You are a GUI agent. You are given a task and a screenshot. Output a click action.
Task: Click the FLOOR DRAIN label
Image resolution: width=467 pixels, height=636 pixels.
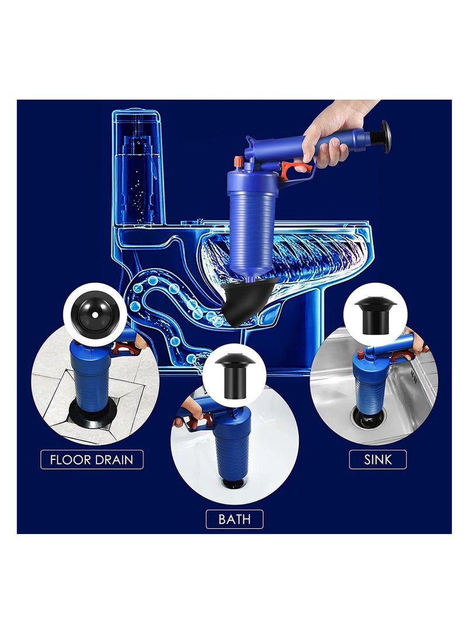(92, 459)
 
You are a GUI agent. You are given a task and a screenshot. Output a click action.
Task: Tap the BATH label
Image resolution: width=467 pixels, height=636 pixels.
(234, 519)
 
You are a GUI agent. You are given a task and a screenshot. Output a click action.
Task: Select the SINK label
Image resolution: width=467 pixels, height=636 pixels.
(378, 459)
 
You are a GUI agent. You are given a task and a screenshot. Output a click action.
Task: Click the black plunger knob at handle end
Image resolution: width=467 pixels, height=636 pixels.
(385, 136)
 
